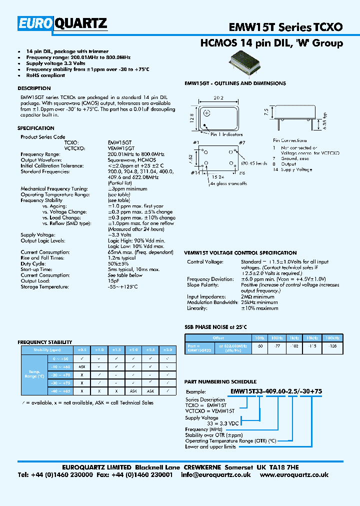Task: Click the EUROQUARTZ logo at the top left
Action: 63,24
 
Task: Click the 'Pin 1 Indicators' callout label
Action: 226,134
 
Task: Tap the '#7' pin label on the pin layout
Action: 241,143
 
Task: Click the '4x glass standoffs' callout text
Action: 228,183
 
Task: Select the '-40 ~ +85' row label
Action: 59,390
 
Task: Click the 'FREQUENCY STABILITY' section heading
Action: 45,342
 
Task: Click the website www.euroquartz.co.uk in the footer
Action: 294,475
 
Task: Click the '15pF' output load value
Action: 113,281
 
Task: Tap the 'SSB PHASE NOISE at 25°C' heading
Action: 216,326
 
